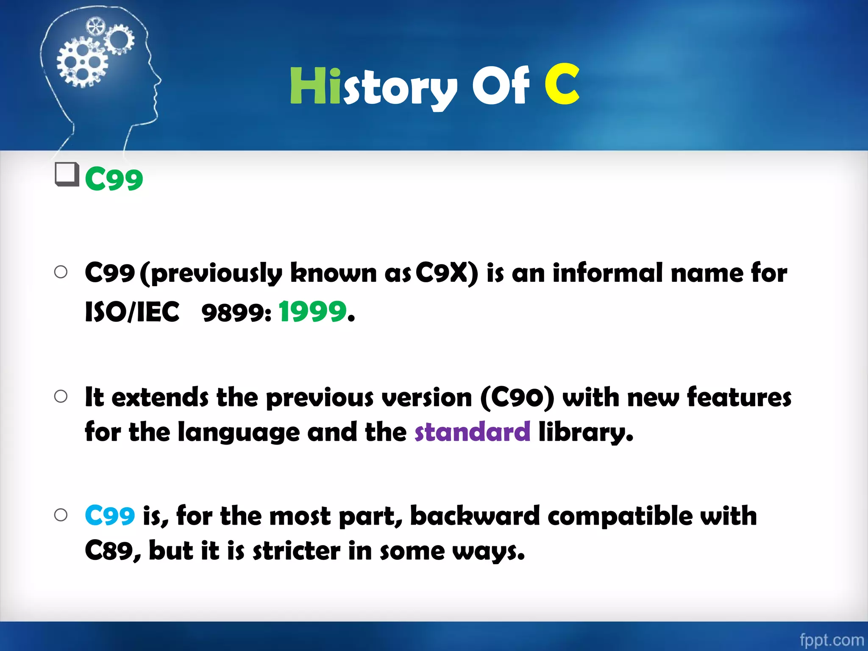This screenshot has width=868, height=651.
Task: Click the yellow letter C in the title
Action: tap(562, 84)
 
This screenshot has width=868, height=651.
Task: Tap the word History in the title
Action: tap(373, 87)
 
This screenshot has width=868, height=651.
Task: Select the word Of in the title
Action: tap(501, 86)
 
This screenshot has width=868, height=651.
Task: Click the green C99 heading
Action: tap(114, 179)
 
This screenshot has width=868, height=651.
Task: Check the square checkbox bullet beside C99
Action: tap(67, 174)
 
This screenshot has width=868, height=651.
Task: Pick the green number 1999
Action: tap(313, 312)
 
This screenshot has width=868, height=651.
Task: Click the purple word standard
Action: tap(472, 432)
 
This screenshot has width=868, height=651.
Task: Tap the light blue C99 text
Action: tap(110, 516)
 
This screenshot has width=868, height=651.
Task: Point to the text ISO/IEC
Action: tap(132, 312)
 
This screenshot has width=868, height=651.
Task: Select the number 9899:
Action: tap(236, 313)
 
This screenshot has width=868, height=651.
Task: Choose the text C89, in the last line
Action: tap(112, 551)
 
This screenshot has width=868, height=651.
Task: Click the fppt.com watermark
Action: tap(831, 640)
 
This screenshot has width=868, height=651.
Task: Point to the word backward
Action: tap(475, 516)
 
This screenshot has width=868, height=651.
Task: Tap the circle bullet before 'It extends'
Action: tap(61, 397)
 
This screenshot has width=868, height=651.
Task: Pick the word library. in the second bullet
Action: tap(585, 432)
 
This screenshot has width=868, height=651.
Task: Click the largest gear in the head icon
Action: tap(82, 62)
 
